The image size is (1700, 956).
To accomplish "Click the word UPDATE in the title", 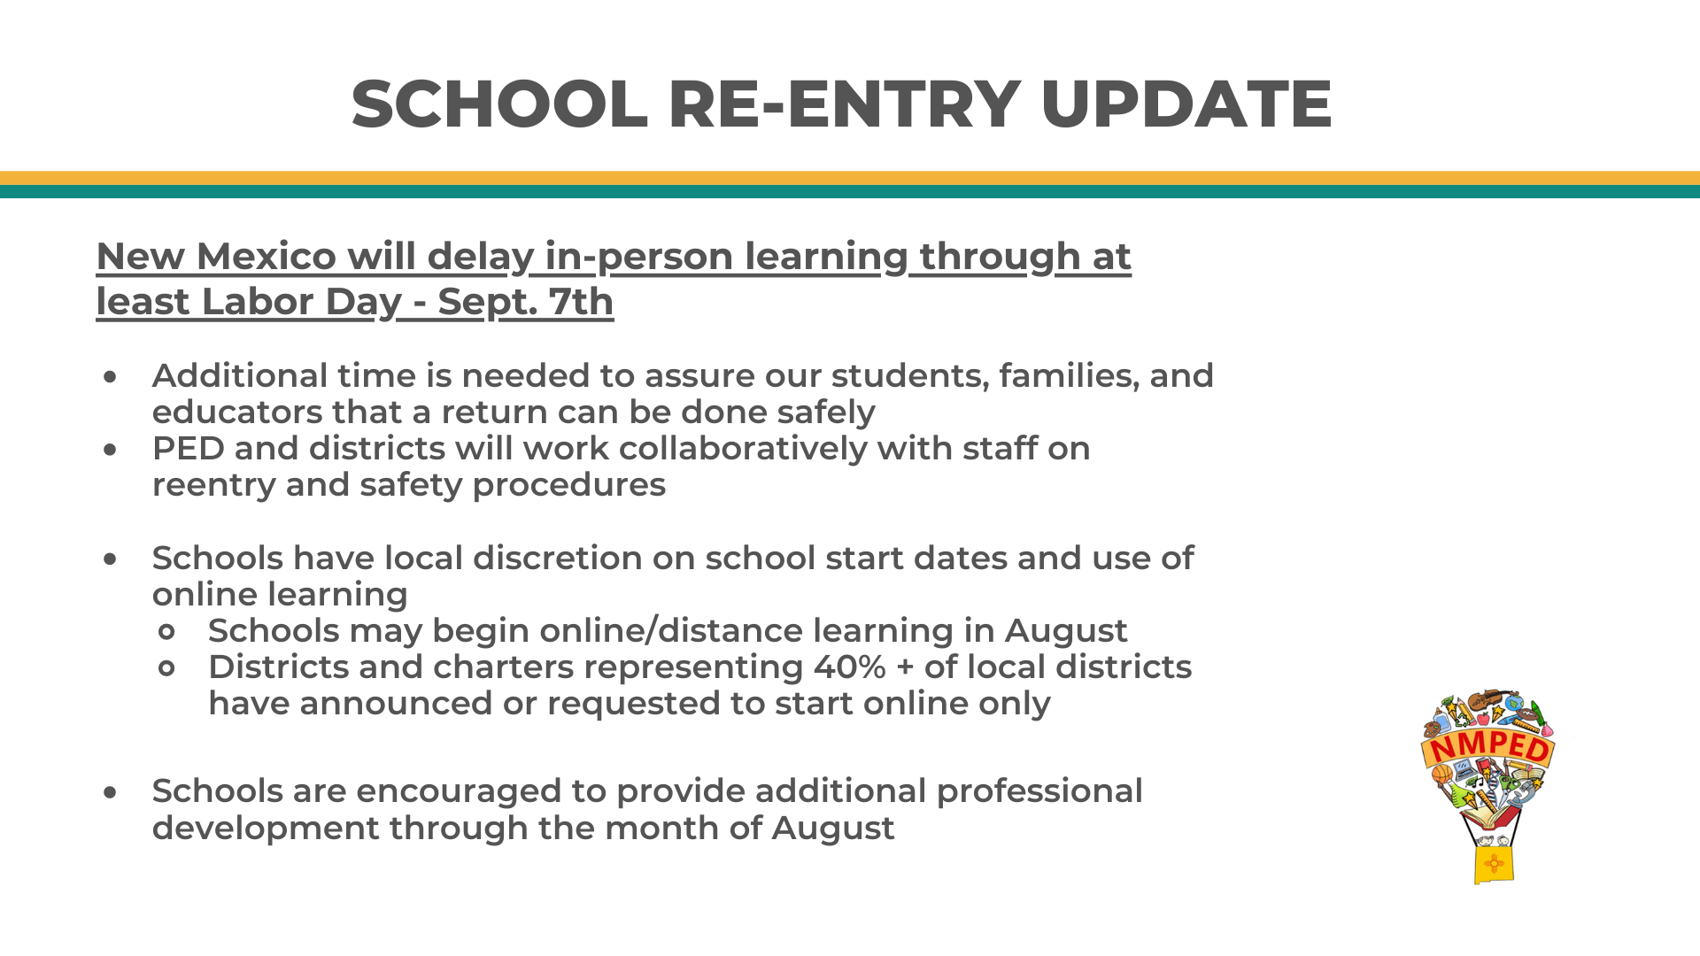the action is (1186, 104).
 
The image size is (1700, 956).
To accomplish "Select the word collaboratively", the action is (743, 449).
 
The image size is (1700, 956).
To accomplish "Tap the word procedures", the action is (568, 486).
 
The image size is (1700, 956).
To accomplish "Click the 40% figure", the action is (850, 667).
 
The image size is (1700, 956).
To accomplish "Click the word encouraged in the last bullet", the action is (463, 791).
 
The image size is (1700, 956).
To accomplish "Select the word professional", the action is (1039, 791).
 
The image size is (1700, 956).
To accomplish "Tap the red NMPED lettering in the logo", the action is (1488, 747).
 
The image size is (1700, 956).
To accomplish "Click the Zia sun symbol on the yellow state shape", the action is (1493, 863).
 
